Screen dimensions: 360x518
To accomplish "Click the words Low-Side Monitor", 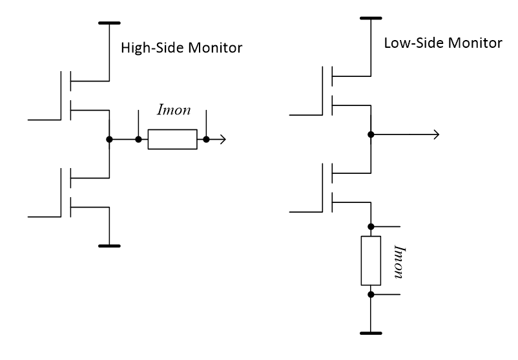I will click(442, 44).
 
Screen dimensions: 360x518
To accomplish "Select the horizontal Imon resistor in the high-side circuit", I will click(172, 140).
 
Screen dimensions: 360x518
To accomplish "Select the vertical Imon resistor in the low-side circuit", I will click(371, 260).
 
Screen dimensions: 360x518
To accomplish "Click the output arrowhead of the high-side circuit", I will click(222, 140).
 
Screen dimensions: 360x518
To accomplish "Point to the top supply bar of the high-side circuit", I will click(110, 23).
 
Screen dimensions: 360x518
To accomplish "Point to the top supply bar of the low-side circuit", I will click(371, 19).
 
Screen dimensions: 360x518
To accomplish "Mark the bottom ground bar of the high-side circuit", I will click(110, 246).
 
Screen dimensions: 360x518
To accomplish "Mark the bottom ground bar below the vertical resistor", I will click(371, 334).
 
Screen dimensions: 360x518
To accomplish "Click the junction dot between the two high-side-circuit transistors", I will click(110, 140).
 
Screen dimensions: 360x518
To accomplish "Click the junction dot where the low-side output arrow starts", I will click(371, 134).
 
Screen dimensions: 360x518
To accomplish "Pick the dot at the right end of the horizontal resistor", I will click(206, 140).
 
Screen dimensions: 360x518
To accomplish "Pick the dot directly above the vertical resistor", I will click(371, 226).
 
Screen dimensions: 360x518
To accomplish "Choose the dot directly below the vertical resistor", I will click(371, 294).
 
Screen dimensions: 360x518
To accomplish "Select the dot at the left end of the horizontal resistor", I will click(138, 140).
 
